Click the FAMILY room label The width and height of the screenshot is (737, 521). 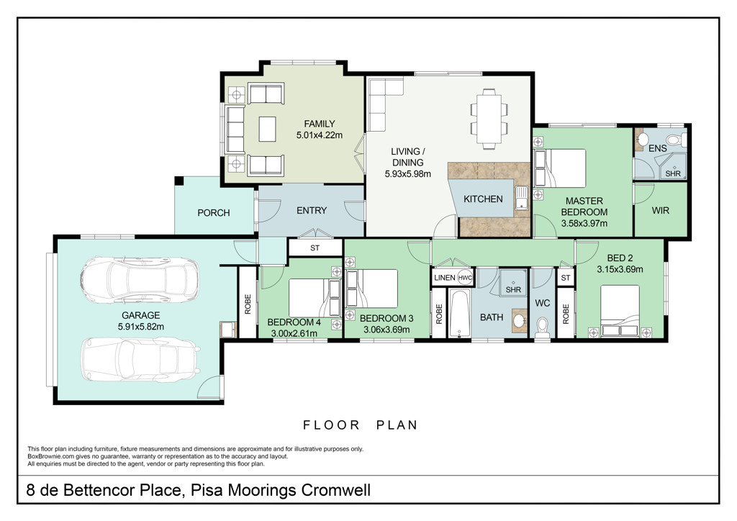click(x=319, y=124)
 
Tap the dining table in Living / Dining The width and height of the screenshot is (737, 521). click(x=489, y=119)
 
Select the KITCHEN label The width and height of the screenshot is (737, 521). click(x=483, y=199)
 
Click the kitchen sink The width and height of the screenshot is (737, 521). click(x=522, y=198)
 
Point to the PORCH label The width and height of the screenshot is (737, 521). click(x=213, y=213)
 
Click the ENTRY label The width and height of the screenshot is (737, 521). click(x=312, y=210)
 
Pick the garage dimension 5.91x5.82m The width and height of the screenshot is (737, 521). click(x=141, y=327)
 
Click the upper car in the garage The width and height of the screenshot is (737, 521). click(x=139, y=280)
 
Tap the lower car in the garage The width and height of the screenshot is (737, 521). click(x=140, y=359)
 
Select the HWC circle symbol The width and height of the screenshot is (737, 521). click(x=465, y=278)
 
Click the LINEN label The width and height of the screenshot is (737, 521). click(x=445, y=278)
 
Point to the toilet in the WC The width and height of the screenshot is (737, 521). click(x=543, y=327)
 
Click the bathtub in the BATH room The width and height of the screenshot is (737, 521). click(x=459, y=313)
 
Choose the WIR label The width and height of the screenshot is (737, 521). click(x=660, y=210)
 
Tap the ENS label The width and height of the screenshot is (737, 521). click(x=658, y=148)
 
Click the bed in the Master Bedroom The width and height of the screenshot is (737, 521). click(x=560, y=168)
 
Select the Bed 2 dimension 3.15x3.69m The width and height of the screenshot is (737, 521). click(x=620, y=270)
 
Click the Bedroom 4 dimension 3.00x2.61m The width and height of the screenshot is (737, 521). click(x=294, y=334)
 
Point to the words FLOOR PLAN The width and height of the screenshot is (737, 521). click(x=361, y=425)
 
